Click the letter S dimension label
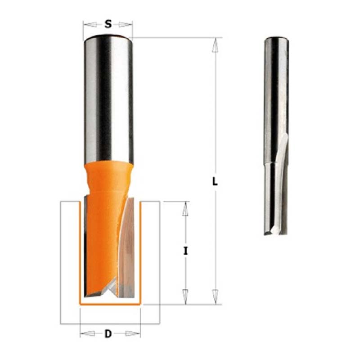coord(108,24)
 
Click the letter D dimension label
coord(108,333)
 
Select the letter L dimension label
coord(215,182)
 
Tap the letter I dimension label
coord(185,251)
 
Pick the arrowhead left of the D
coord(87,333)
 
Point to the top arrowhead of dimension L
coord(215,45)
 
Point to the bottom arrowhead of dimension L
coord(215,297)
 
